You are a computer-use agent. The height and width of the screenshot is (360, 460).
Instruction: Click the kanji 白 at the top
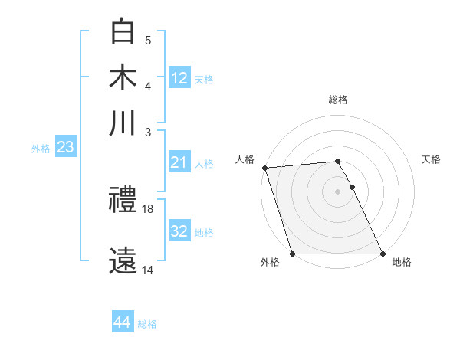point(123,31)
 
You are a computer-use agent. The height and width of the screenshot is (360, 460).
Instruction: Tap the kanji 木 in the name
point(123,77)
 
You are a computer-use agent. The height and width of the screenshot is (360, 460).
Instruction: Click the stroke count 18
point(149,208)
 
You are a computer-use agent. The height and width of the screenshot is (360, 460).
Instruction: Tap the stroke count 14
point(149,270)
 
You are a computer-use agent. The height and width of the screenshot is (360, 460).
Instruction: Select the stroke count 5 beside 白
point(148,40)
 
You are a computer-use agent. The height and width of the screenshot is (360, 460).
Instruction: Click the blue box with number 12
point(179,77)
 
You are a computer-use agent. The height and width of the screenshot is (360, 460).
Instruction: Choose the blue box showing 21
point(179,162)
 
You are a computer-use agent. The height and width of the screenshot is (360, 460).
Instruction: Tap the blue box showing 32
point(179,231)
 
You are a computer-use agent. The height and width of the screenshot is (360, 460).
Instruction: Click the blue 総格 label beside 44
point(147,324)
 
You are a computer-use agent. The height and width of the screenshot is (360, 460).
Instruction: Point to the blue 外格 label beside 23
point(41,149)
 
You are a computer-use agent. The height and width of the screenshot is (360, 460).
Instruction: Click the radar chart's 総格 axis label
point(338,100)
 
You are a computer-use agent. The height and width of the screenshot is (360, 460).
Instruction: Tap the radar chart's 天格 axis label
point(432,159)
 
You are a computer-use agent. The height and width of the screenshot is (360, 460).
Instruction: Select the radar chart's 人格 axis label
point(245,159)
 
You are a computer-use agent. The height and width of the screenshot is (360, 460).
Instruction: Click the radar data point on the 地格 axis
point(383,254)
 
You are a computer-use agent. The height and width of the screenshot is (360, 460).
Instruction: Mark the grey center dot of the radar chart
point(338,191)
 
